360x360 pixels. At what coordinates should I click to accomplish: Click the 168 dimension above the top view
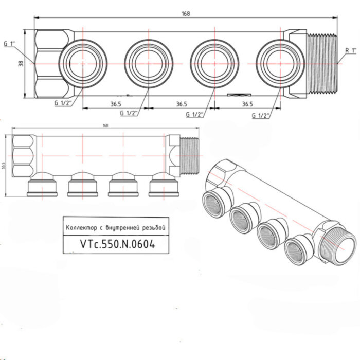pos(186,14)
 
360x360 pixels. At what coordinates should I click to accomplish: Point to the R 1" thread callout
pos(351,50)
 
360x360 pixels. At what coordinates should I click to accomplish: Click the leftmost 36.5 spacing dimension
pos(115,104)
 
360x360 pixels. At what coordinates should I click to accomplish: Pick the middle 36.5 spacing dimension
pos(181,104)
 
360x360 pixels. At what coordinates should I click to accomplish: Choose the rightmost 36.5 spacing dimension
pos(247,104)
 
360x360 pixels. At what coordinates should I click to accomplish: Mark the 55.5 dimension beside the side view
pos(4,166)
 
